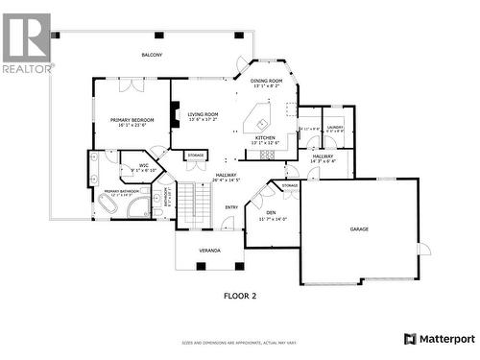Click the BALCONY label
(152, 56)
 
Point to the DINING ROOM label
(266, 82)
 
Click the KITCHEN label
(266, 138)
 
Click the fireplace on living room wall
(175, 115)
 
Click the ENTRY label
(231, 206)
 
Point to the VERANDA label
(209, 250)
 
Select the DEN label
(272, 214)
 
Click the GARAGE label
(359, 229)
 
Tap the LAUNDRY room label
(334, 128)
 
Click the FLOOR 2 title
(239, 297)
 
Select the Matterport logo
(439, 339)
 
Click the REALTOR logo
(26, 43)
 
